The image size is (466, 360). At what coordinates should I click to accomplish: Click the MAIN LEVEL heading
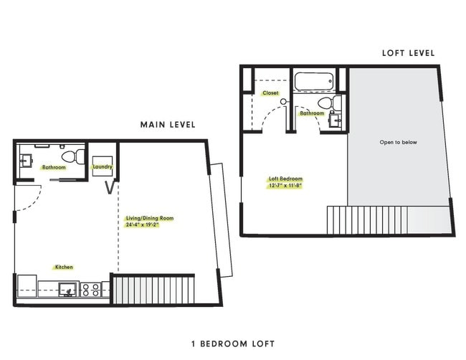pos(168,125)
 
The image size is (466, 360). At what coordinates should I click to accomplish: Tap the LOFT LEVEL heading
pos(409,52)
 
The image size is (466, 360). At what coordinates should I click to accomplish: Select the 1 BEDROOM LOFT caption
pos(233,344)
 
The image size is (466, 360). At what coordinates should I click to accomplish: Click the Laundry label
pos(103,167)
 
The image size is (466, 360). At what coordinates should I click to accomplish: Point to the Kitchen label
pos(64,267)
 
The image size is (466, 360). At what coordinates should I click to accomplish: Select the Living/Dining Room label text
pos(149,218)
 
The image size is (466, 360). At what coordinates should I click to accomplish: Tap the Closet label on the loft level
pos(270,93)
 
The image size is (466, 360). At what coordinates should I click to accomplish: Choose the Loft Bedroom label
pos(285,179)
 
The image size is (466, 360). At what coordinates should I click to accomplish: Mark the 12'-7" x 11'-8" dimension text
pos(285,185)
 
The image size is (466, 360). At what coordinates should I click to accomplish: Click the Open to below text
pos(398,142)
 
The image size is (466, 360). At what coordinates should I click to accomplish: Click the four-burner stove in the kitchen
pos(91,290)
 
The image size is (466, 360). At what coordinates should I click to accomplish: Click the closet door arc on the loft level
pos(270,117)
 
